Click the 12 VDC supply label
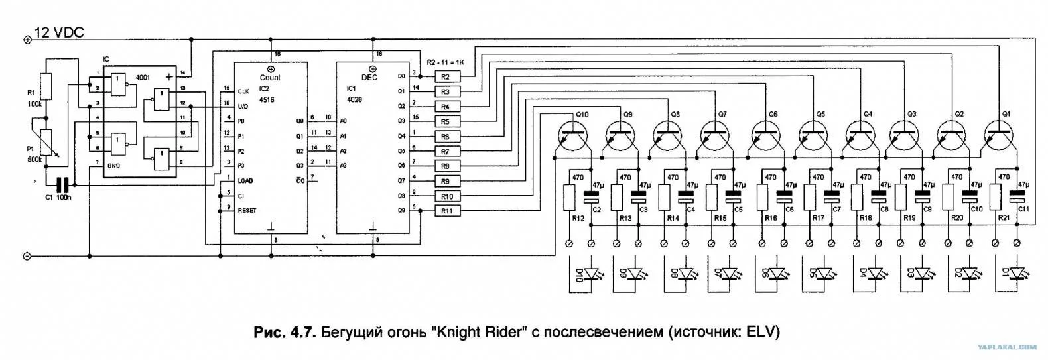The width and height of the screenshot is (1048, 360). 59,32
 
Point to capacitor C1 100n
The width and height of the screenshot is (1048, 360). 63,185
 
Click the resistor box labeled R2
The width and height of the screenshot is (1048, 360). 445,77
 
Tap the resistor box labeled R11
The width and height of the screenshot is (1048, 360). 446,211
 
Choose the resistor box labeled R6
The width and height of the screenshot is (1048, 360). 446,137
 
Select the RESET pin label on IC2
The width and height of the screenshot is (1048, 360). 247,211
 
